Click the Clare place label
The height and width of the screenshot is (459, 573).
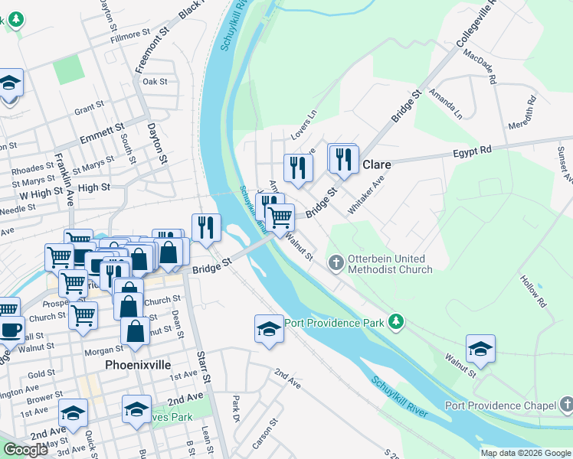pyautogui.click(x=376, y=164)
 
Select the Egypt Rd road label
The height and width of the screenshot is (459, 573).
pyautogui.click(x=472, y=151)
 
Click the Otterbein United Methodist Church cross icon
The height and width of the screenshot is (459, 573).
pyautogui.click(x=336, y=263)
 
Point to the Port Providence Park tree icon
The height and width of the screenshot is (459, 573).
pyautogui.click(x=395, y=322)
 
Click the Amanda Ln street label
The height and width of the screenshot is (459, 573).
pyautogui.click(x=446, y=103)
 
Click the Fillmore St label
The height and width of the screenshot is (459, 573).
pyautogui.click(x=130, y=35)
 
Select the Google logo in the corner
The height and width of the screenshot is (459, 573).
pyautogui.click(x=25, y=450)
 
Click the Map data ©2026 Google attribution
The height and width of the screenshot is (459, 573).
pyautogui.click(x=526, y=453)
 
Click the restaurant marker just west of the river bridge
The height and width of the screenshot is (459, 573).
pyautogui.click(x=206, y=226)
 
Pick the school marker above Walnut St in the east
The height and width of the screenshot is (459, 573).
pyautogui.click(x=480, y=349)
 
